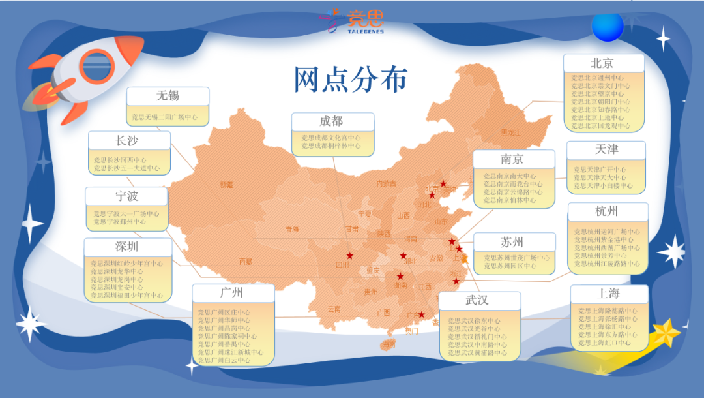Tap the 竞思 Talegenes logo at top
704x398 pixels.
click(352, 22)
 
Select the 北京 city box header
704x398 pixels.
click(603, 63)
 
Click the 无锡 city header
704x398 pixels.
click(168, 96)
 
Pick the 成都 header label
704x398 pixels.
click(332, 121)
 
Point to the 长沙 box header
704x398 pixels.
click(128, 140)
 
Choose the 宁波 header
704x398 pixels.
click(127, 196)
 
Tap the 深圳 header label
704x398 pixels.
click(127, 247)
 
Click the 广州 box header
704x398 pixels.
click(233, 292)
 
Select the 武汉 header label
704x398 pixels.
click(478, 300)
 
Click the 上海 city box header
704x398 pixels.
click(609, 294)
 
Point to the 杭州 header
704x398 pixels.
click(607, 211)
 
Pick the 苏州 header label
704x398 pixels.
click(513, 242)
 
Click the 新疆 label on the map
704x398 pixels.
click(226, 185)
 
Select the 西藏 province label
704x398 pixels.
click(246, 261)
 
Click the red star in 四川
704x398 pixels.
click(350, 255)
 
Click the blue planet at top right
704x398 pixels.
click(608, 27)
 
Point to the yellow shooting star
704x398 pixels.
click(665, 333)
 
